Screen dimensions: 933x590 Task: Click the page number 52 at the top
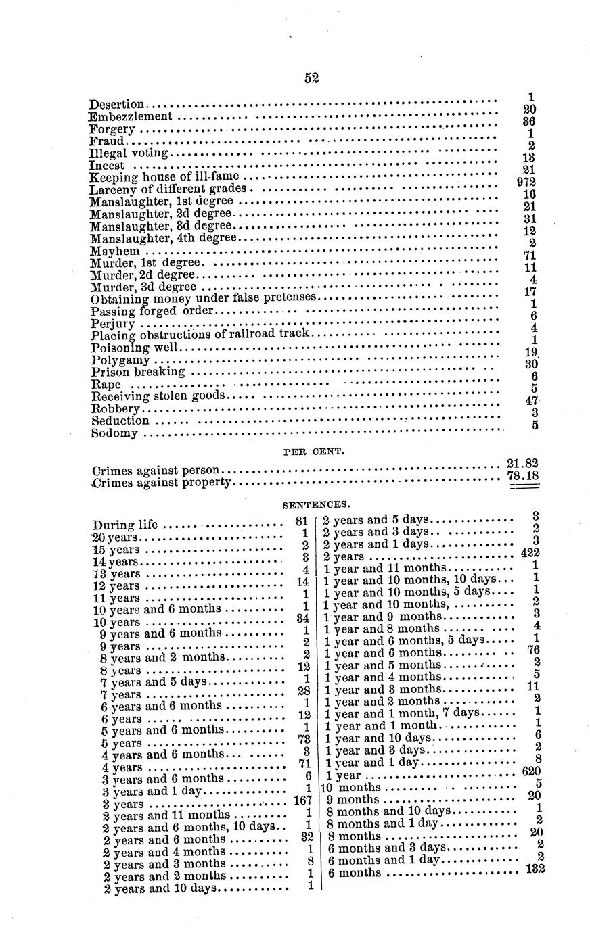(311, 78)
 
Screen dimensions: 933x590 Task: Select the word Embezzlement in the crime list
(129, 116)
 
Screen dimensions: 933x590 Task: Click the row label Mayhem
(115, 251)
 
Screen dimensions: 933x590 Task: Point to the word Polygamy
(120, 360)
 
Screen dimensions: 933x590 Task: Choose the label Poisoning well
(136, 348)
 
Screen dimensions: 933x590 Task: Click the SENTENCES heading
(316, 504)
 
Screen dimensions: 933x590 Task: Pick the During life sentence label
(125, 525)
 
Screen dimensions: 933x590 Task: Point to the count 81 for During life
(302, 521)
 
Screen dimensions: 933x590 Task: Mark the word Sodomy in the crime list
(115, 433)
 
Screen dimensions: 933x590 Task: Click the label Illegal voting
(129, 153)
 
